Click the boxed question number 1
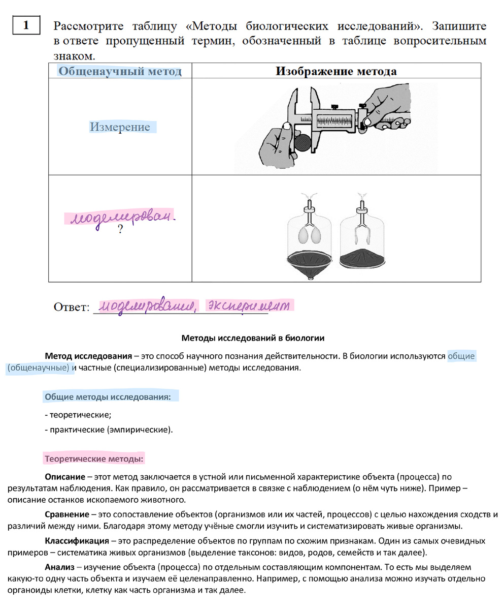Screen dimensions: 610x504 point(26,25)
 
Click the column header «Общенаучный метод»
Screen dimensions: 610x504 point(120,71)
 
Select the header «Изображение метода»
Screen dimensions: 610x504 point(336,71)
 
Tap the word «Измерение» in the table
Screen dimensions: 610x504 point(120,127)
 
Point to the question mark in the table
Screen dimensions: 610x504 point(120,230)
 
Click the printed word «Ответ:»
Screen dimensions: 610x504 point(72,307)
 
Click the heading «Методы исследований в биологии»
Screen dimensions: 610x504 point(253,338)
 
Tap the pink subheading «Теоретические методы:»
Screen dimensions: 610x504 point(94,459)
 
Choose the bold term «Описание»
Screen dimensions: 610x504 point(64,477)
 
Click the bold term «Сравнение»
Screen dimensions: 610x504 point(67,514)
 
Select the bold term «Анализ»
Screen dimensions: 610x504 point(59,566)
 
